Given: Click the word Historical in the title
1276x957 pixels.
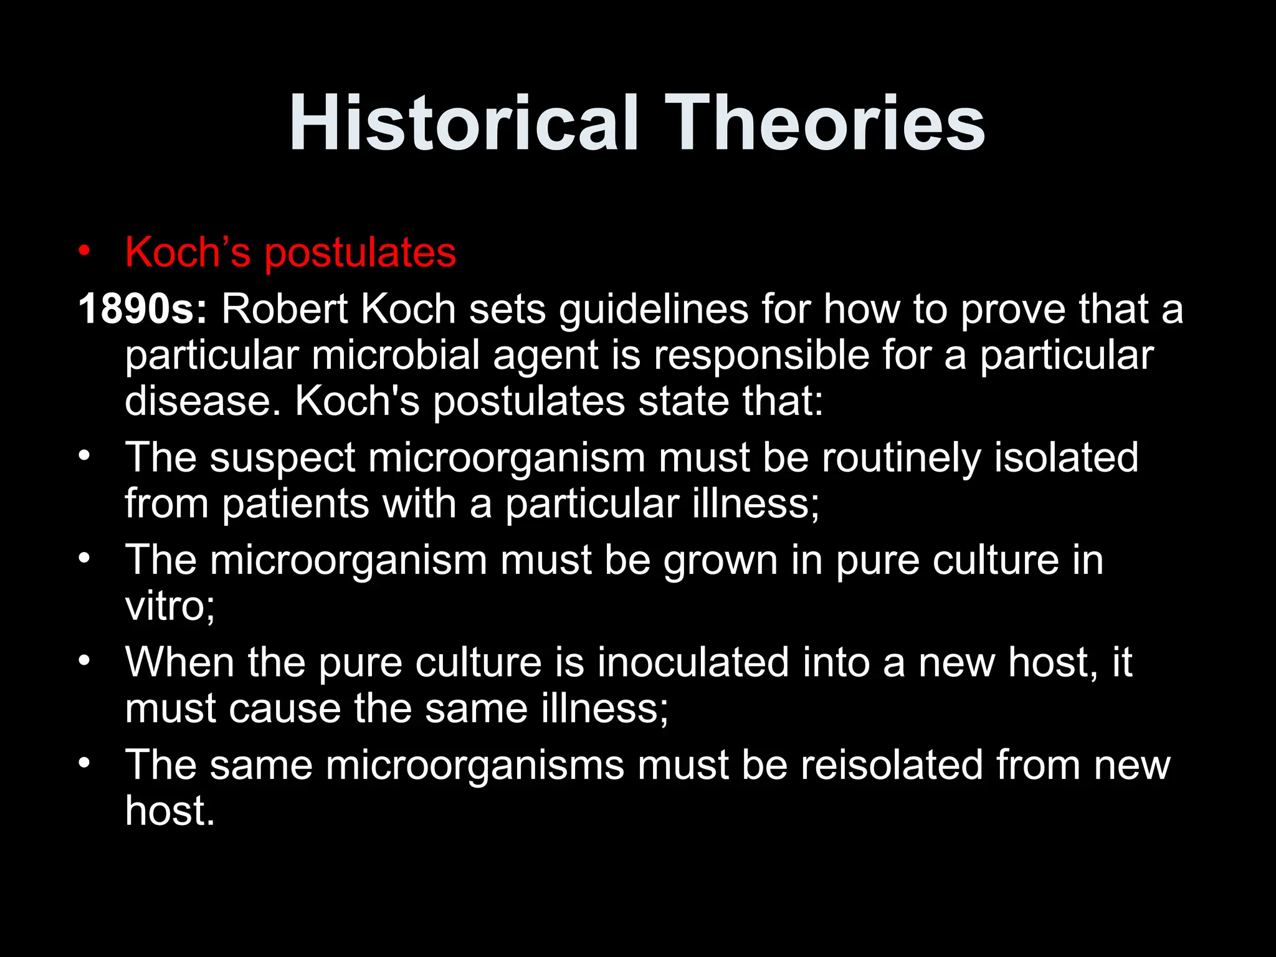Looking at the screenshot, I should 464,123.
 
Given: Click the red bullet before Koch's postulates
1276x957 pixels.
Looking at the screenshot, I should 85,252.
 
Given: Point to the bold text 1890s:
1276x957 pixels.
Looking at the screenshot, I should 143,309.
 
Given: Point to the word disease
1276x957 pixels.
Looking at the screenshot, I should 198,401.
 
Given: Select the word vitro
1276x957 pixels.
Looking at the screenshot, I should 164,606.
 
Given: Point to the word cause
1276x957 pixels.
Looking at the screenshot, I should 285,709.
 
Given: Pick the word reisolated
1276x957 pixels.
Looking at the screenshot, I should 892,765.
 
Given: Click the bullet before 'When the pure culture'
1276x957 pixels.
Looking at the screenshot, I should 85,660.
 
